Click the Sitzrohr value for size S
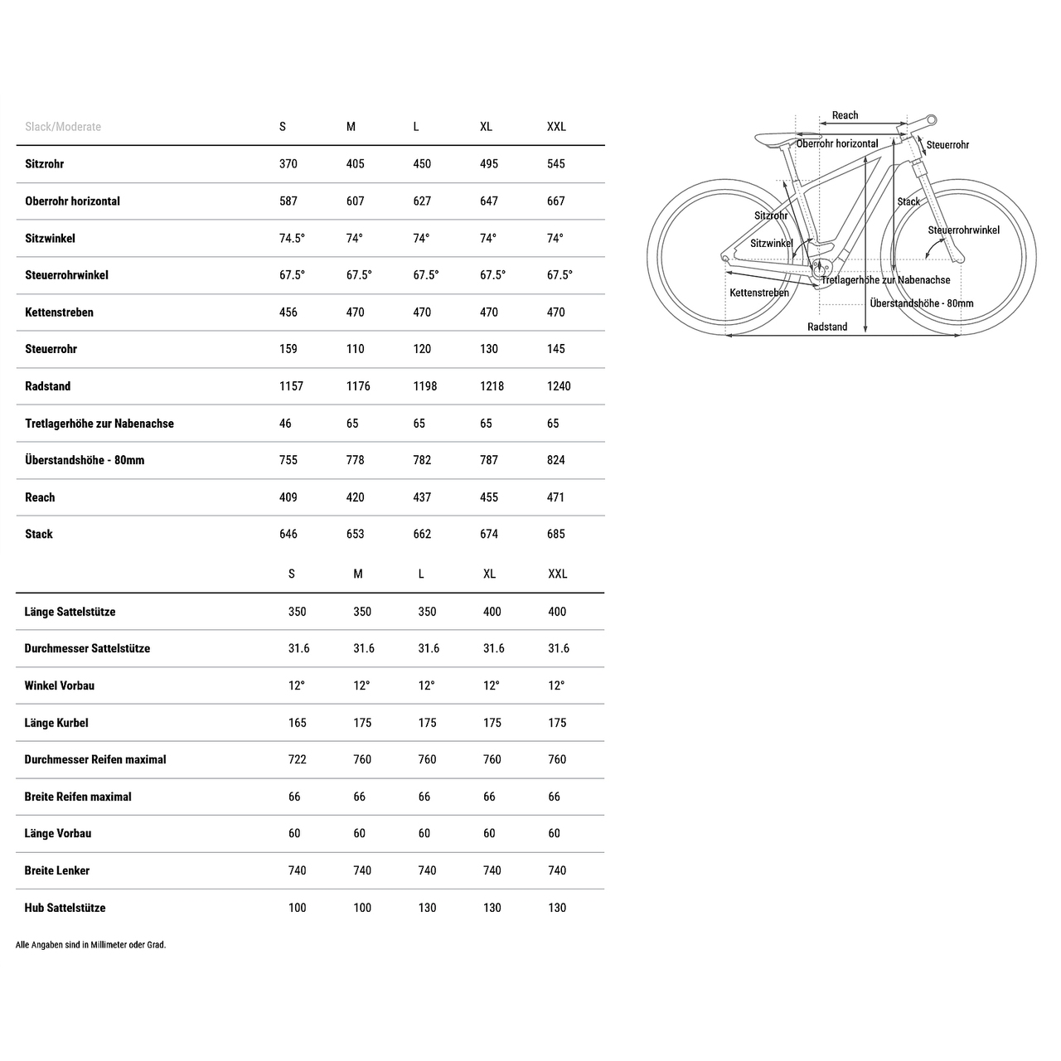click(288, 164)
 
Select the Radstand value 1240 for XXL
click(559, 386)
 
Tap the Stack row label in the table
click(39, 535)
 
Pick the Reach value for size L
click(422, 497)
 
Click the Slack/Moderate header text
click(63, 127)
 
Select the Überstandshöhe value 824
click(555, 460)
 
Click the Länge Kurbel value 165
click(297, 723)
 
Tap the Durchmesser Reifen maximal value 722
click(297, 759)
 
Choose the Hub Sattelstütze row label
click(65, 908)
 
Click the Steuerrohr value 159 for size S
click(288, 349)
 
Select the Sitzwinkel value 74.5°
click(292, 238)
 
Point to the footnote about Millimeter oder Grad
click(91, 945)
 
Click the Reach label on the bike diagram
click(845, 115)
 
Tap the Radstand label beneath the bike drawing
click(827, 327)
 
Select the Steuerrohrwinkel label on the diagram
click(963, 230)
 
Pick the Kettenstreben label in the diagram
click(759, 293)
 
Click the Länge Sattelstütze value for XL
click(492, 612)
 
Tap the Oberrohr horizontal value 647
click(489, 201)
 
